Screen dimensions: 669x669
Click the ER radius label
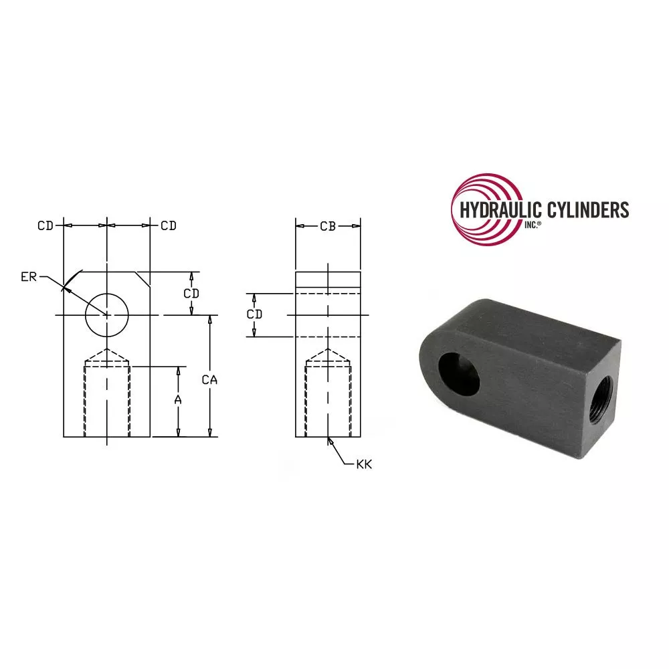29,277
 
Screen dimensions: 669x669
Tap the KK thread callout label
364,464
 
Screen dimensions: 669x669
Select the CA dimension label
209,380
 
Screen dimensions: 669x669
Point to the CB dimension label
328,227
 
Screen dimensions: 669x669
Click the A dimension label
178,400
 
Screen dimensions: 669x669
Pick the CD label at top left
45,225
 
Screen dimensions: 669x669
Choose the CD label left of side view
254,314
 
